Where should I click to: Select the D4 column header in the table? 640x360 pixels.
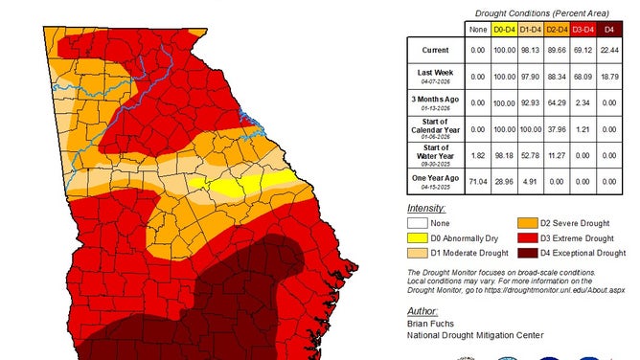tap(609, 31)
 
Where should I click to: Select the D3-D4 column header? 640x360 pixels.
tap(583, 31)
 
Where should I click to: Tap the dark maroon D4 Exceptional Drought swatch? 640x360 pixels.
tap(528, 253)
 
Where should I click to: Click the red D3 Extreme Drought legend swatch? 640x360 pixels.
tap(528, 236)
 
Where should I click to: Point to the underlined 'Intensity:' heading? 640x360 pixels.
tap(427, 206)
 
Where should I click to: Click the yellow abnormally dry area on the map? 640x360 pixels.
tap(235, 182)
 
